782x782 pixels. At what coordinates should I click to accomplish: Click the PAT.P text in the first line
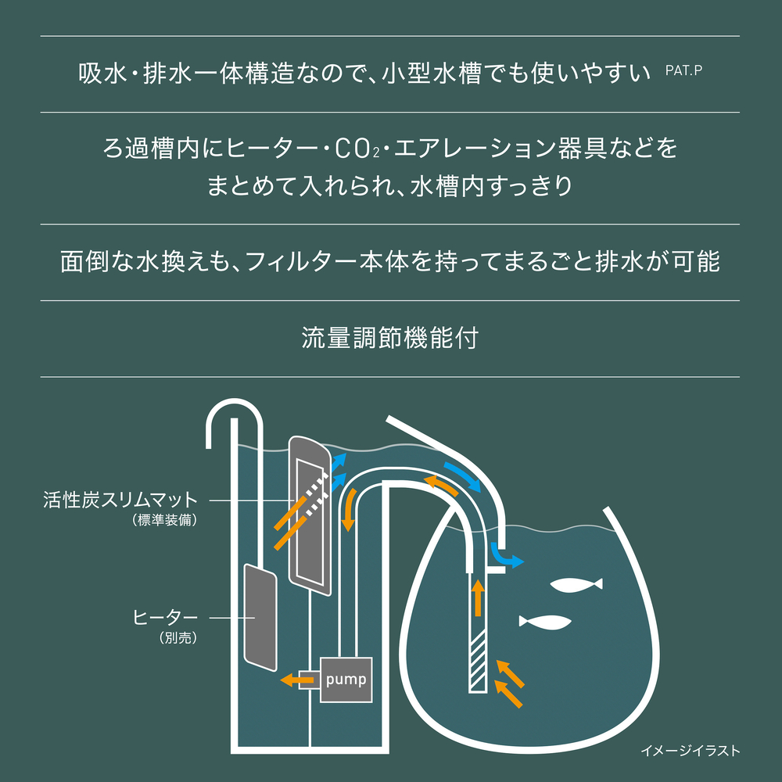click(683, 70)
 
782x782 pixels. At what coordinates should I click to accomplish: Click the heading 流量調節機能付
click(390, 338)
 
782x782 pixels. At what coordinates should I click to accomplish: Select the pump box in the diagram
click(346, 680)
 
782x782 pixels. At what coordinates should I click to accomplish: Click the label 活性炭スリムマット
click(120, 499)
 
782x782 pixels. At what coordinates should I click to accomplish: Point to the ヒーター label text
click(165, 618)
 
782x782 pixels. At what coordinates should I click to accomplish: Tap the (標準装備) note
click(165, 520)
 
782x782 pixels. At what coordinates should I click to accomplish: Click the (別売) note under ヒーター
click(178, 637)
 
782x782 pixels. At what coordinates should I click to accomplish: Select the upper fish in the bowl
click(576, 584)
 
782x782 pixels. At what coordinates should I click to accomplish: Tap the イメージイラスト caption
click(691, 750)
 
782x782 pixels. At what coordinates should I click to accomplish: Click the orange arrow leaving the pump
click(297, 679)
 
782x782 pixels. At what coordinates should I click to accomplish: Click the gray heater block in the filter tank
click(260, 618)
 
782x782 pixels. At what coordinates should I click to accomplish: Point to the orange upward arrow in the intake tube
click(478, 597)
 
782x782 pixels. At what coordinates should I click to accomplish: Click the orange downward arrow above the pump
click(350, 510)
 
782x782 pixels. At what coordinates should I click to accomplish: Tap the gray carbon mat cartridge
click(310, 515)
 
